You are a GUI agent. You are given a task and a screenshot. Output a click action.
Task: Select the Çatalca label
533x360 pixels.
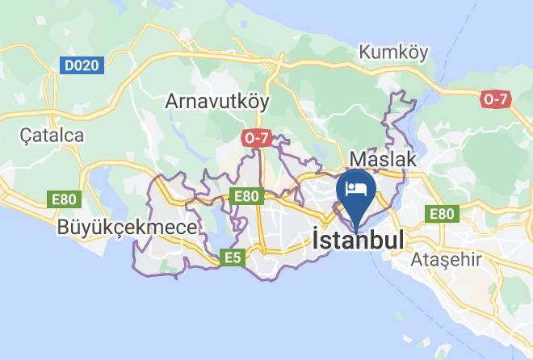coord(51,135)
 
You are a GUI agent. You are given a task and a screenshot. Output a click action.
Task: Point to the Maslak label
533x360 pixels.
coord(383,159)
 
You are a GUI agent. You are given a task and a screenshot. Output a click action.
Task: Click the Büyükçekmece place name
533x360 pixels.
coord(127,227)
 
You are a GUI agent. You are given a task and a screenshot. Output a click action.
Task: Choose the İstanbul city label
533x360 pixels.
coord(357,241)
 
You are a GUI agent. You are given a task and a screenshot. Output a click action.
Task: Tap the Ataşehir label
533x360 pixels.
coord(446,260)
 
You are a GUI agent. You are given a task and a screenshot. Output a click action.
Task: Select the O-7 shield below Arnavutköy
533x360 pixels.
coord(255,138)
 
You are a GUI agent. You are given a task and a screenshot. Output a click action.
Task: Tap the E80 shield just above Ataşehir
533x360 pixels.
coord(442,214)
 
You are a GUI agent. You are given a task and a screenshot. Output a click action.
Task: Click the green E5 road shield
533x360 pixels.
coord(233,257)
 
